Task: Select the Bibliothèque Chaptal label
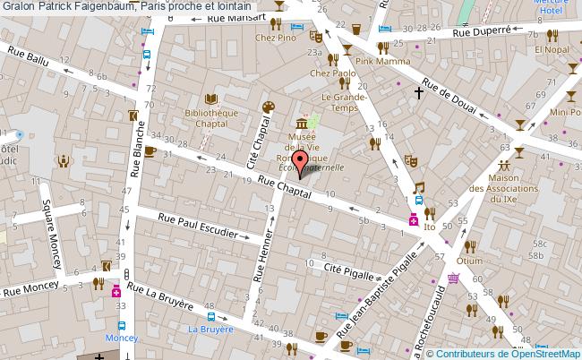click(x=210, y=120)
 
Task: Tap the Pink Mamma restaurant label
click(x=382, y=62)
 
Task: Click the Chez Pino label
click(x=276, y=39)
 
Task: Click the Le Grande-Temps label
click(x=339, y=102)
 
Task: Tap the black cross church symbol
click(x=418, y=92)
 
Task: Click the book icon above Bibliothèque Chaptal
click(x=210, y=99)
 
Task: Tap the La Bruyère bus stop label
click(x=210, y=329)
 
